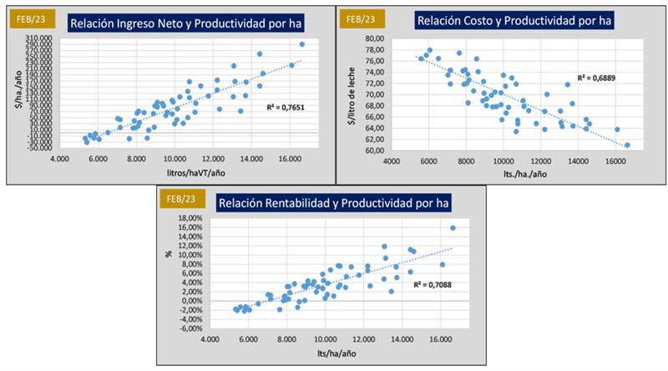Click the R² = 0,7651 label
click(283, 107)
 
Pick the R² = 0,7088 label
click(428, 284)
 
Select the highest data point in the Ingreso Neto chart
click(301, 44)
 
